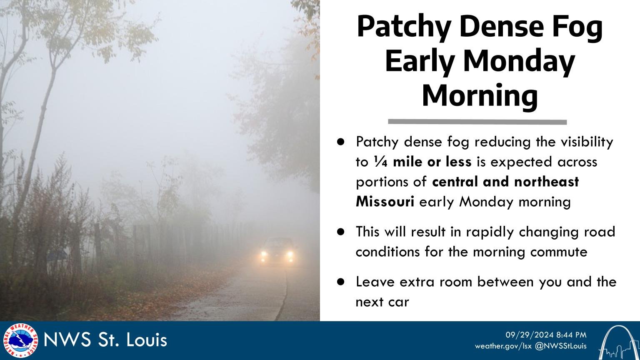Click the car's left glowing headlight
point(263,254)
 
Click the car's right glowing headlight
point(290,254)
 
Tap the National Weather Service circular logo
point(20,340)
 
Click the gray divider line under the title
point(477,122)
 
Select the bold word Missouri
point(385,202)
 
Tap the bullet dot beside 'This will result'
point(341,232)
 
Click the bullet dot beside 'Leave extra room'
point(341,282)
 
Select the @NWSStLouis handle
point(560,346)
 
